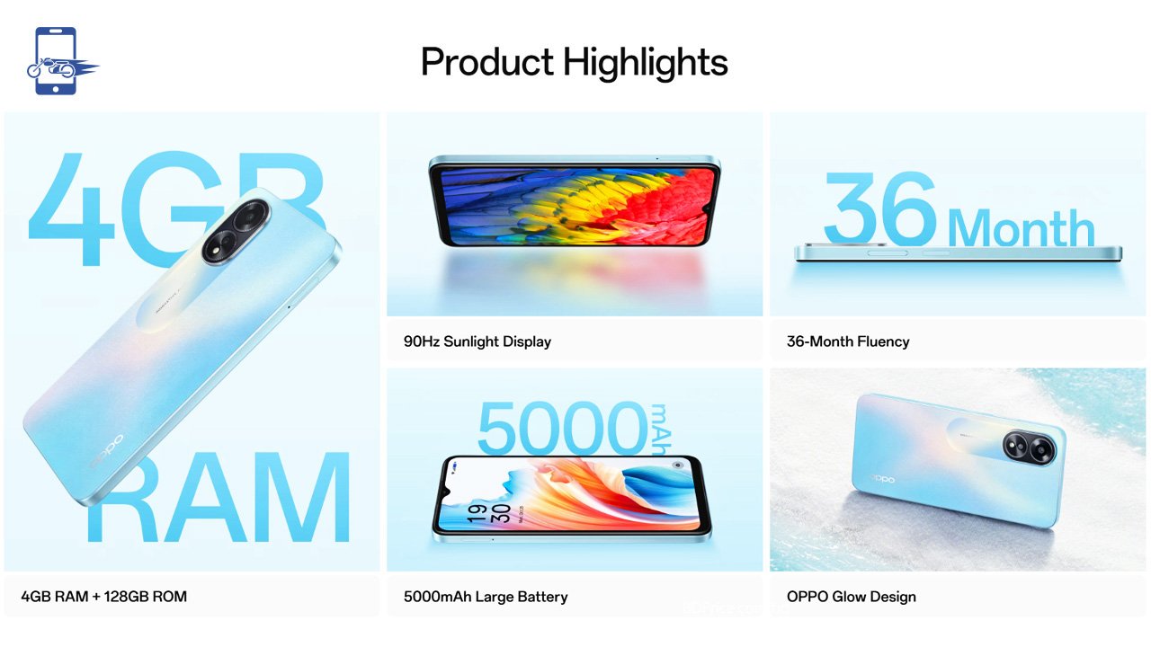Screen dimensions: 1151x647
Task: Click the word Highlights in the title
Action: pyautogui.click(x=646, y=64)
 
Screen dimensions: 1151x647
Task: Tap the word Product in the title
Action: pyautogui.click(x=487, y=62)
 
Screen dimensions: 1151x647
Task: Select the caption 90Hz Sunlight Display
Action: pyautogui.click(x=477, y=341)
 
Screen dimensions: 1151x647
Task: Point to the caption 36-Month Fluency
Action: pyautogui.click(x=848, y=341)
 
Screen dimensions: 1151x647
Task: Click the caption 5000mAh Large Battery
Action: pyautogui.click(x=486, y=597)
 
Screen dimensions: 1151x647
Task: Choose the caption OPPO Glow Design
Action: pyautogui.click(x=851, y=597)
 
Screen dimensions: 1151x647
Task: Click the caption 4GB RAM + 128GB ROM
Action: pyautogui.click(x=103, y=597)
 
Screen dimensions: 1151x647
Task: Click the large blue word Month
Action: pyautogui.click(x=1021, y=228)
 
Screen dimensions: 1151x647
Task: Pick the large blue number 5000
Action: pyautogui.click(x=563, y=428)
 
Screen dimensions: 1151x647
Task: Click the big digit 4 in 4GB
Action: pyautogui.click(x=71, y=208)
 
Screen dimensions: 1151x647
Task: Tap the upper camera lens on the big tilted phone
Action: pyautogui.click(x=251, y=217)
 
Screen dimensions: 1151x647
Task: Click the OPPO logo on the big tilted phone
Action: pyautogui.click(x=106, y=452)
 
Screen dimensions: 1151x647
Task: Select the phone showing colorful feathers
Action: pyautogui.click(x=575, y=200)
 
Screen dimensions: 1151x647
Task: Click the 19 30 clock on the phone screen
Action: pyautogui.click(x=488, y=513)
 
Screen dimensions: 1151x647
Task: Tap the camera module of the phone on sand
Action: pyautogui.click(x=1030, y=448)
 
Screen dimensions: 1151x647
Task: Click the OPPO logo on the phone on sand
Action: pyautogui.click(x=882, y=479)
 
